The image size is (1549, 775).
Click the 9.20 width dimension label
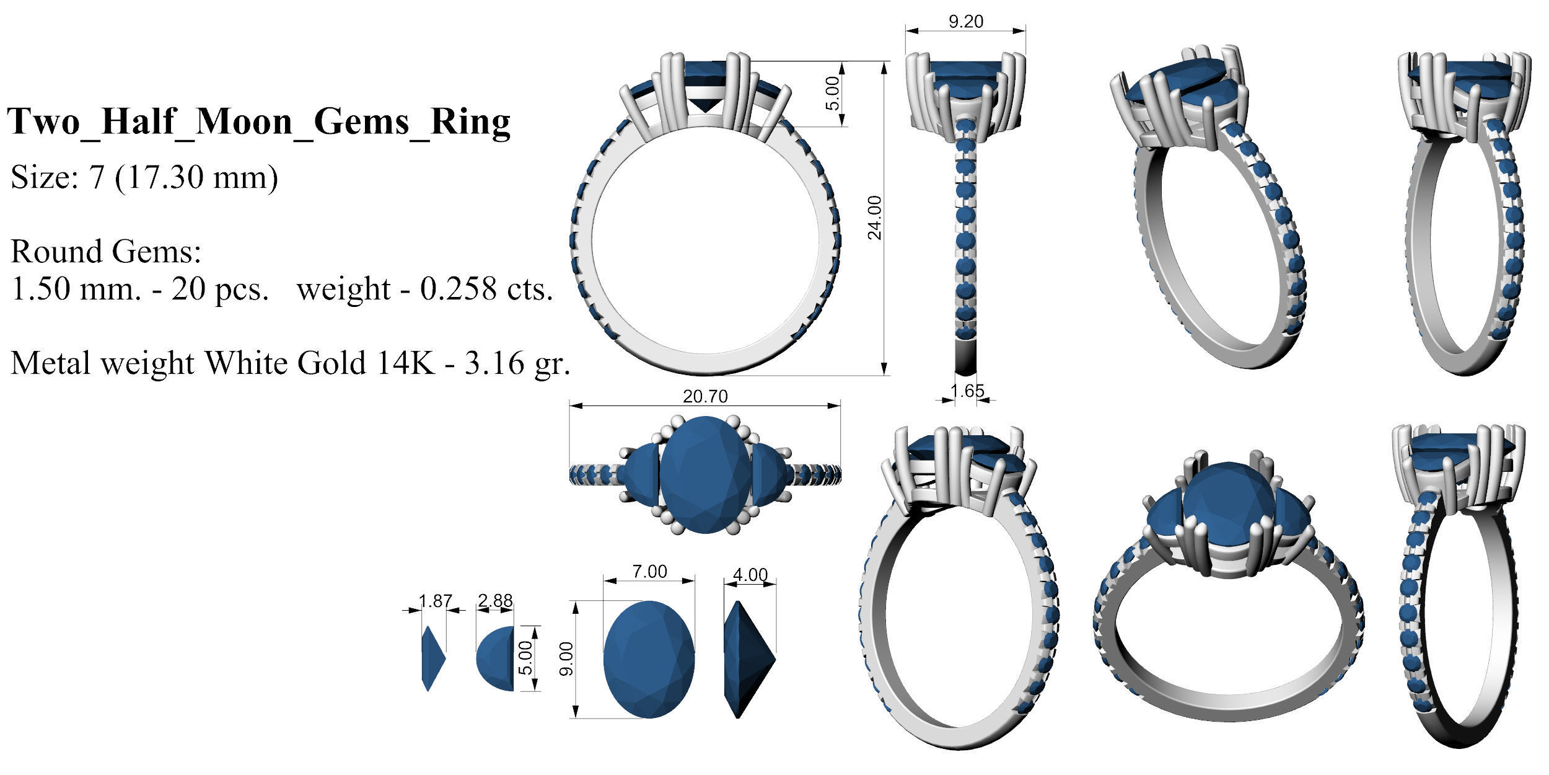965,22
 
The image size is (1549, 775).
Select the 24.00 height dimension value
874,218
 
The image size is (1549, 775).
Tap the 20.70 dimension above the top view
705,396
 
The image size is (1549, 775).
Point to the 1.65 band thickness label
967,391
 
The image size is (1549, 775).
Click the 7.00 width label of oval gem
649,571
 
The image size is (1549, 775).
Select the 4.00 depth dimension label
750,575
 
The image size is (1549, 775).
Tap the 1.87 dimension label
435,601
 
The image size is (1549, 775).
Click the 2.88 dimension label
495,601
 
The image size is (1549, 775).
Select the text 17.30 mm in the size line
196,178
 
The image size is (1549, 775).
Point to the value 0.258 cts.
486,289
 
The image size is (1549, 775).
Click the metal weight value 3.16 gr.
517,363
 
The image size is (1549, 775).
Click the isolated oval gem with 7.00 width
649,658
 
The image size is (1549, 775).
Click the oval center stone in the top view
705,474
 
